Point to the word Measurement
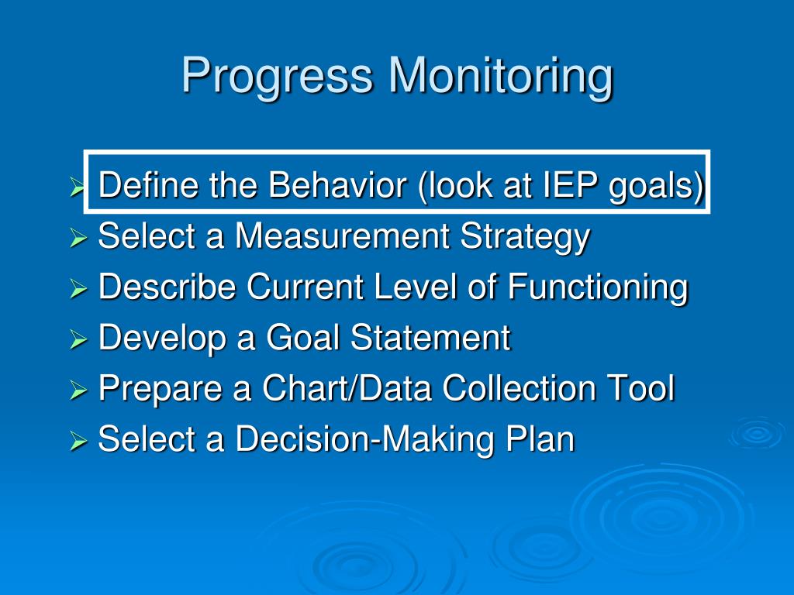(342, 236)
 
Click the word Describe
(167, 287)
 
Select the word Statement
(430, 337)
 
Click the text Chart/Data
(347, 387)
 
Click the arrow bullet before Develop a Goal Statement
(78, 339)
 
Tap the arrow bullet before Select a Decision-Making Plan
(78, 440)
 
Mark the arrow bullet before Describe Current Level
(78, 288)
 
